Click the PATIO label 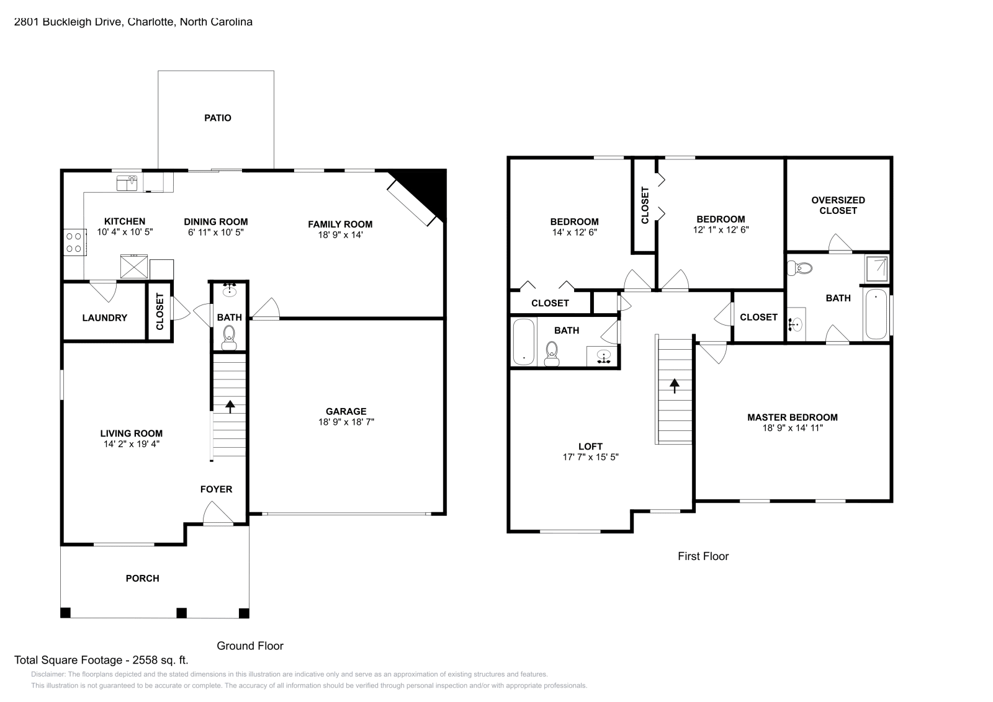click(x=218, y=118)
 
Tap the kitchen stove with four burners click(x=74, y=242)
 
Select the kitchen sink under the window click(x=127, y=183)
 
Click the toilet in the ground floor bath click(x=229, y=335)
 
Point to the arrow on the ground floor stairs click(x=230, y=406)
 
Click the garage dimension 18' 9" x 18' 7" click(x=346, y=422)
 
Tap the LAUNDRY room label click(x=104, y=318)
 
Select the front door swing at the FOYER click(x=217, y=513)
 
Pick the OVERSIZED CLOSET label click(x=838, y=205)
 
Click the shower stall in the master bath click(x=876, y=268)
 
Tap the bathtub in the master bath click(x=876, y=314)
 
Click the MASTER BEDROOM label click(x=792, y=417)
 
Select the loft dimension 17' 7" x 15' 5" click(x=590, y=457)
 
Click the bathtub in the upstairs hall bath click(x=524, y=342)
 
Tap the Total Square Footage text click(x=101, y=660)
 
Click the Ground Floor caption click(x=249, y=646)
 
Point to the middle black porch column click(x=181, y=613)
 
